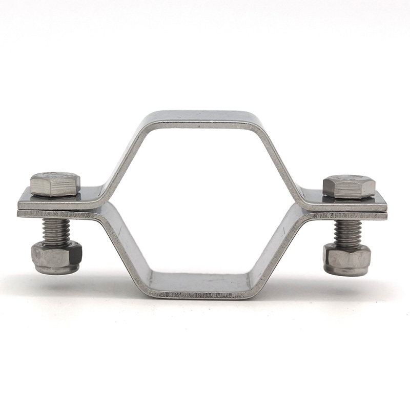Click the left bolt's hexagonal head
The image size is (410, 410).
click(x=55, y=184)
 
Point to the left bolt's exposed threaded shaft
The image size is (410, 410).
click(x=56, y=232)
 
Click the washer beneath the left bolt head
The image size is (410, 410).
click(x=55, y=195)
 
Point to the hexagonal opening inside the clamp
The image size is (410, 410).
click(x=202, y=205)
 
